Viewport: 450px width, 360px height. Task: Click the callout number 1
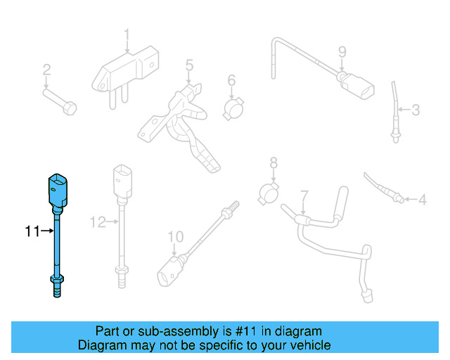click(x=127, y=34)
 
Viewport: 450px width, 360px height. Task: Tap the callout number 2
click(x=46, y=70)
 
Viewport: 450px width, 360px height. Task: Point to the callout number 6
click(x=231, y=81)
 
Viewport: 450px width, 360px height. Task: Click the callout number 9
click(x=342, y=51)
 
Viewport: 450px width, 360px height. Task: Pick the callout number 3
click(x=416, y=110)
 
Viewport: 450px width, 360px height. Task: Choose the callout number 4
click(x=422, y=200)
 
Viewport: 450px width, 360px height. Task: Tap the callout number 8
click(x=274, y=164)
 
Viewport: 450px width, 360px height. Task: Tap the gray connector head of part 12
click(x=121, y=183)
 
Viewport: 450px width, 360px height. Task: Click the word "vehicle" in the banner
click(x=307, y=345)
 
